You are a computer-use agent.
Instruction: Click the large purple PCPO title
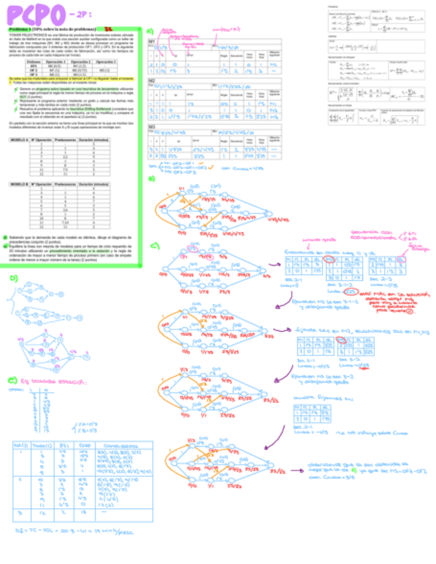click(33, 14)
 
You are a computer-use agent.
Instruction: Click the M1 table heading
click(152, 40)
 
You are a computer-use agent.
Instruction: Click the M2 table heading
click(152, 80)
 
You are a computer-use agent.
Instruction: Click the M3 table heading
click(152, 126)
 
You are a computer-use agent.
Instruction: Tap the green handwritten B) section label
click(152, 179)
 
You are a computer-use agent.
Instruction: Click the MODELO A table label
click(19, 140)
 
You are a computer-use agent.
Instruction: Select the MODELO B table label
click(19, 183)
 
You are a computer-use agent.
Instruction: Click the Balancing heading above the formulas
click(333, 7)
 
